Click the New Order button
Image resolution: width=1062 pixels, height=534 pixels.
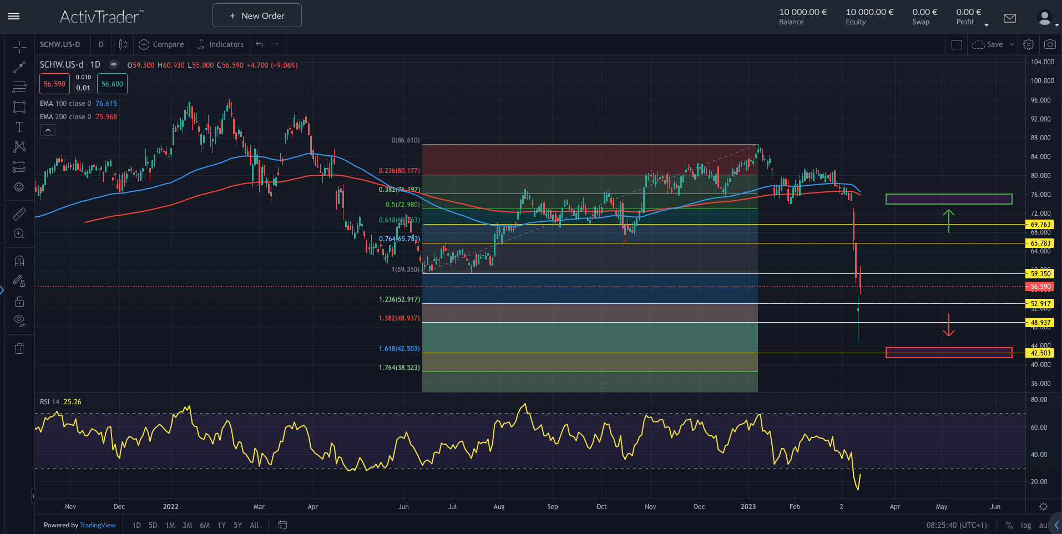[257, 16]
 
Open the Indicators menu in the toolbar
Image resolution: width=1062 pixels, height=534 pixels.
[220, 44]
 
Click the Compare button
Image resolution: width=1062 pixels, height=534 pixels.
[161, 44]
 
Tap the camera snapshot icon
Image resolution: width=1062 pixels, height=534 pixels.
[1049, 44]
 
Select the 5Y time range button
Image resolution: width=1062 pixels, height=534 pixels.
[237, 525]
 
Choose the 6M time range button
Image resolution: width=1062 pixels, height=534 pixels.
[205, 525]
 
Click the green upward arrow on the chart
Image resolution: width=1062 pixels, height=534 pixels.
[949, 221]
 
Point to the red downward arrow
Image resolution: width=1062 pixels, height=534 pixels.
[949, 325]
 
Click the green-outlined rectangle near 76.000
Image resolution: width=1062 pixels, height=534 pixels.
[949, 199]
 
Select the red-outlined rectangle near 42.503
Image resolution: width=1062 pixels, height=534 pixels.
[949, 353]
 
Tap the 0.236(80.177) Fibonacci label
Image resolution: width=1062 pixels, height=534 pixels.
[399, 171]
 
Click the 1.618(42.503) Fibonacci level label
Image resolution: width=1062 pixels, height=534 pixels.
[399, 349]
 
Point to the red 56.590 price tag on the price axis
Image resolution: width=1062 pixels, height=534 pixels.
[1040, 287]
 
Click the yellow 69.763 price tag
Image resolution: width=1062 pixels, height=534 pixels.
[1040, 225]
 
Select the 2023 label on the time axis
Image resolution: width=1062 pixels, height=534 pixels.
[748, 507]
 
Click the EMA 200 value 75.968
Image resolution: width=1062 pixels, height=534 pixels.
[106, 117]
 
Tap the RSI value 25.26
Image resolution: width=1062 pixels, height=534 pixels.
[72, 402]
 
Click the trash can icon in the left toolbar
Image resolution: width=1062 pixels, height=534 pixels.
[19, 349]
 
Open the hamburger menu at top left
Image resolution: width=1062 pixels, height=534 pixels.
[14, 16]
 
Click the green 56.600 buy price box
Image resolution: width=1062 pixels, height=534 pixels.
[112, 84]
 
